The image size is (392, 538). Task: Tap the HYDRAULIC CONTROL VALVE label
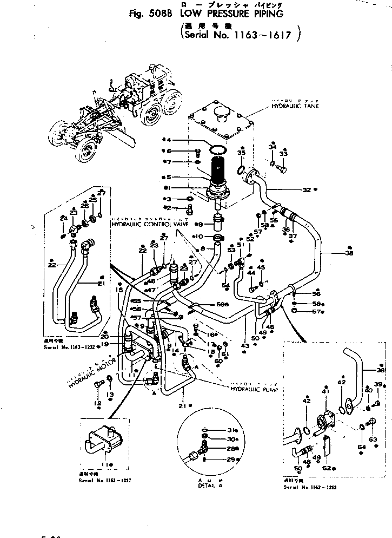click(x=145, y=224)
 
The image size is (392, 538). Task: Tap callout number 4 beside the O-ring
click(x=169, y=140)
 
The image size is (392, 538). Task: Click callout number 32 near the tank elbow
click(x=307, y=190)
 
